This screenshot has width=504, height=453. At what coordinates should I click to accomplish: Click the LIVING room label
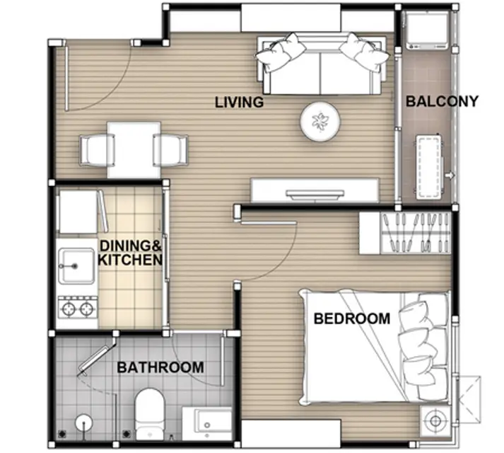239,103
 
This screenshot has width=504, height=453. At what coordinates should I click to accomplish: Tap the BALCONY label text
442,101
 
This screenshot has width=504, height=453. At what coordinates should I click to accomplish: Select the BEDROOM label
352,319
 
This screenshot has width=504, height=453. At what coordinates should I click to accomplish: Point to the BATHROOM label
160,367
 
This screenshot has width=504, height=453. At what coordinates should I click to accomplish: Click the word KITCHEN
130,260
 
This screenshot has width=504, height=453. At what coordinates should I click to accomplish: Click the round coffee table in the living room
320,121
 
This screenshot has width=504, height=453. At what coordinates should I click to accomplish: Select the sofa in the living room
322,64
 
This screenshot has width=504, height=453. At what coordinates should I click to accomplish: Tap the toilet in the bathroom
149,414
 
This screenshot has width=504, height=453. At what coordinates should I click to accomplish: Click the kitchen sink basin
76,266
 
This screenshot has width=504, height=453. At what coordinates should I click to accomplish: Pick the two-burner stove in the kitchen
78,309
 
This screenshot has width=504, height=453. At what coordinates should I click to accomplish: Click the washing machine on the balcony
426,30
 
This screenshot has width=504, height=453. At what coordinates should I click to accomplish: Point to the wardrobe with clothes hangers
405,234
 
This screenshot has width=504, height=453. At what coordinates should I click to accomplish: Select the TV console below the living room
315,190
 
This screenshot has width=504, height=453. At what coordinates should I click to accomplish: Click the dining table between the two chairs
134,150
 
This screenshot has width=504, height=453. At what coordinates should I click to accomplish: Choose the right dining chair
170,151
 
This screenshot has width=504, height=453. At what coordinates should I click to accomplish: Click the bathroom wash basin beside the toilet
207,423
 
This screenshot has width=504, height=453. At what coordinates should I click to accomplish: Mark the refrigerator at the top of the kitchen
78,212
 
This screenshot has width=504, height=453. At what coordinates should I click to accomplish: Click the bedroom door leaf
268,222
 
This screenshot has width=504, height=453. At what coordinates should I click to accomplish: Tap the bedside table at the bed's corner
436,421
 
